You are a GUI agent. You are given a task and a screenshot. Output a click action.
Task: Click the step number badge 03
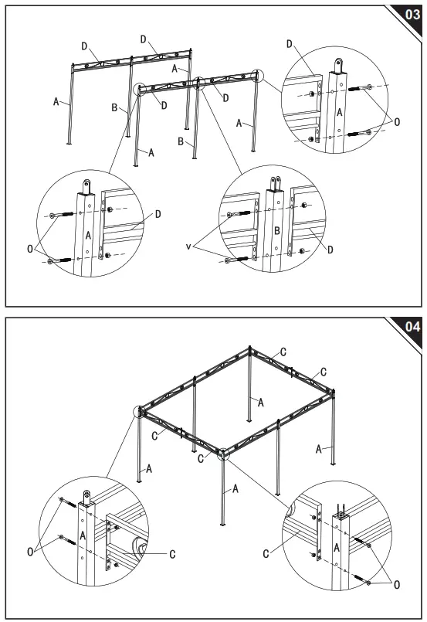tap(412, 14)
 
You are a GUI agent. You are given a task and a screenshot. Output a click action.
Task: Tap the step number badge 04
tap(412, 327)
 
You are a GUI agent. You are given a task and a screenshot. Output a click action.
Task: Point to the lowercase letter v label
tap(188, 246)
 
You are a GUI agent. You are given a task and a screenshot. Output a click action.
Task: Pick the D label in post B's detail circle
tap(330, 250)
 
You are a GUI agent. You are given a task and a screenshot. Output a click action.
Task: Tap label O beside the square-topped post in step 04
tap(396, 585)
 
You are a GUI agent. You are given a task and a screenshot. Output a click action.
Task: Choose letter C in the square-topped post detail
tap(266, 553)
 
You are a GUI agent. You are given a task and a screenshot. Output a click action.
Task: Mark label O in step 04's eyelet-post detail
tap(31, 551)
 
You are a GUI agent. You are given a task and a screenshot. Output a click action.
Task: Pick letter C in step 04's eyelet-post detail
tap(171, 553)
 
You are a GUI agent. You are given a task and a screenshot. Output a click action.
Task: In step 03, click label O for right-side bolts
tap(397, 121)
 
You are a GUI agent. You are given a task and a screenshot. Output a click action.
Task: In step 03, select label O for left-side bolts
tap(30, 249)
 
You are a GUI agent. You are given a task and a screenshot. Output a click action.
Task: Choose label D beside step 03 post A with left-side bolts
tap(157, 213)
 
